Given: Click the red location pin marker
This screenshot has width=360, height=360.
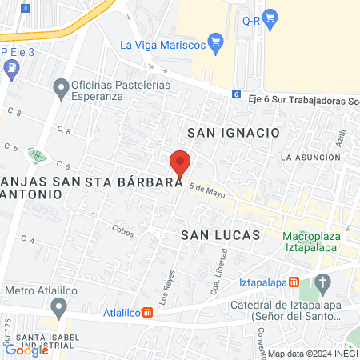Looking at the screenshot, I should [180, 162].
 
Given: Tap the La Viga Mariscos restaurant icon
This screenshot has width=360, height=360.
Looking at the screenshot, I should [214, 40].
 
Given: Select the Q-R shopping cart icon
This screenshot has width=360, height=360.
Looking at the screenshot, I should [270, 15].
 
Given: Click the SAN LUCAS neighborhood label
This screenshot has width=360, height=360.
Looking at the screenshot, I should [221, 235].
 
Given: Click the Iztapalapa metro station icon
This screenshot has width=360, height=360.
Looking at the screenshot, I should [294, 282].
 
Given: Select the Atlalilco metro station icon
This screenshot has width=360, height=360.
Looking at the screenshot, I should [147, 313].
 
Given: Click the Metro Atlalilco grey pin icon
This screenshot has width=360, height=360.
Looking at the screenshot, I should [58, 307].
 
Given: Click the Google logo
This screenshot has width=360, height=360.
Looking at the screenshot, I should [26, 350].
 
